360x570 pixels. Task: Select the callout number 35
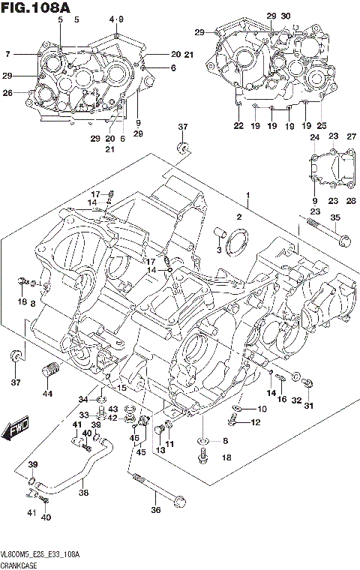334,217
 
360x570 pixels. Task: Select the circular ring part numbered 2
241,244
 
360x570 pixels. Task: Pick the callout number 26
7,93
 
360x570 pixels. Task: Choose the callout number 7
7,54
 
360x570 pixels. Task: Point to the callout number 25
322,125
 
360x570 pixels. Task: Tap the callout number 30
286,16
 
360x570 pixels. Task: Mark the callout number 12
255,422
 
